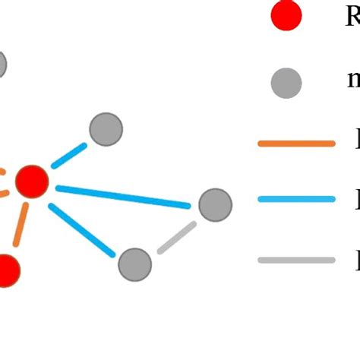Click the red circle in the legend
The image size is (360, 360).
click(x=287, y=15)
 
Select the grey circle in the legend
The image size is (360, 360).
click(x=287, y=82)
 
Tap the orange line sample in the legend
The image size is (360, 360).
click(x=296, y=143)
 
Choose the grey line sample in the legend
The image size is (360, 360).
click(x=296, y=260)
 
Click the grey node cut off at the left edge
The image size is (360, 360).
click(x=2, y=65)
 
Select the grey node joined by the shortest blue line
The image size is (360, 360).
click(x=106, y=129)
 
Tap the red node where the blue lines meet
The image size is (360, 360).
click(x=32, y=181)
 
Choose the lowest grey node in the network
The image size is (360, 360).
click(x=134, y=264)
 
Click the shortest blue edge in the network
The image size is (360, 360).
click(x=69, y=155)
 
